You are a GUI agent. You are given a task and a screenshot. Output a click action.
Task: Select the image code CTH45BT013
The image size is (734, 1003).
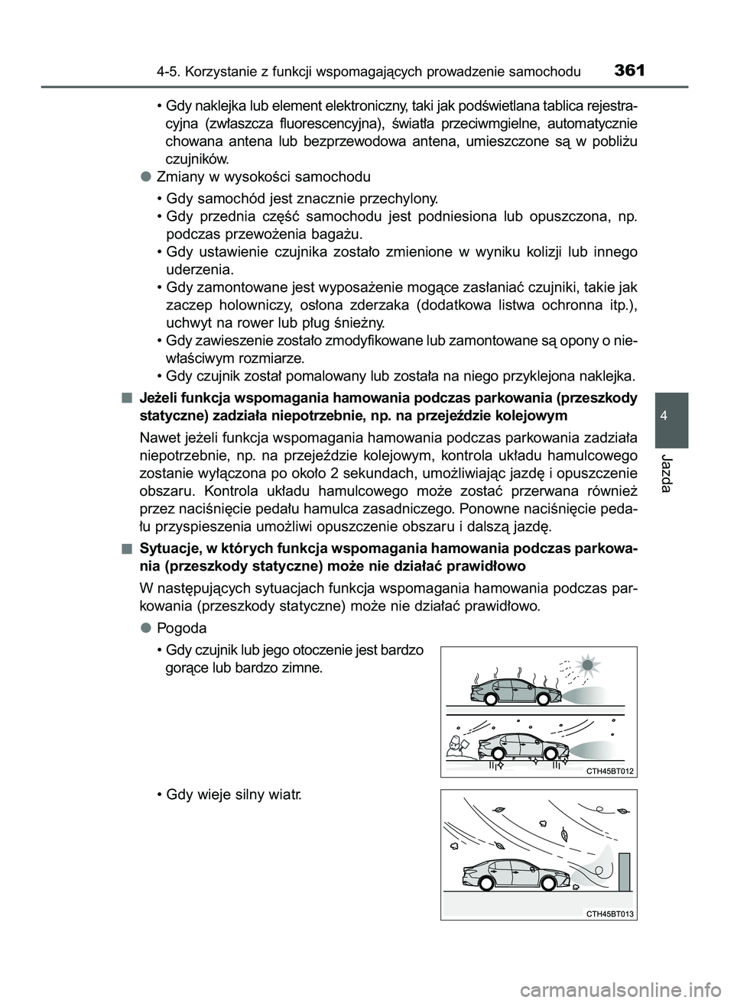pyautogui.click(x=611, y=914)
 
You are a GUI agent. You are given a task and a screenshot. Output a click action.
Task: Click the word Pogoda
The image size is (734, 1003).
pyautogui.click(x=181, y=628)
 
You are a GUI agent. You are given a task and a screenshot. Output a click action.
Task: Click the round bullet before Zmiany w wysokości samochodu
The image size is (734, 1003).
pyautogui.click(x=145, y=176)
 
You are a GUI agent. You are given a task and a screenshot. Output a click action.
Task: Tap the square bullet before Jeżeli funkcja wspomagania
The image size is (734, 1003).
pyautogui.click(x=125, y=397)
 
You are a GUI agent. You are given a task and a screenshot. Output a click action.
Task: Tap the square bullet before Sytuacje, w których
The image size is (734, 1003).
pyautogui.click(x=125, y=548)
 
